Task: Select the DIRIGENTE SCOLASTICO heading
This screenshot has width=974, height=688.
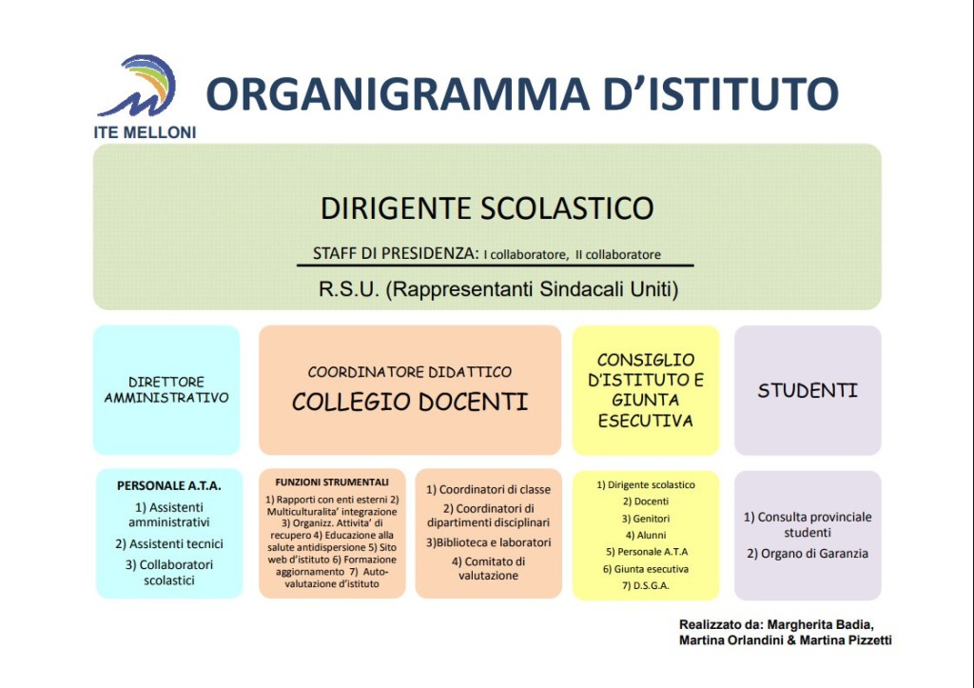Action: click(487, 208)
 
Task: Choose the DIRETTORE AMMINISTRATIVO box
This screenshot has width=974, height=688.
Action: click(166, 390)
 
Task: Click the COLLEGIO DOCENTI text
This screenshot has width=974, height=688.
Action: click(409, 403)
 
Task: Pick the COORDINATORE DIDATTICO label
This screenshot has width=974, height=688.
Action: click(409, 372)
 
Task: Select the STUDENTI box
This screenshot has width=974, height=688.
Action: click(808, 390)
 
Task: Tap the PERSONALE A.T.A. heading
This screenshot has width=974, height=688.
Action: click(169, 485)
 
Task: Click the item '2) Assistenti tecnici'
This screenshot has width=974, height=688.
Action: click(169, 544)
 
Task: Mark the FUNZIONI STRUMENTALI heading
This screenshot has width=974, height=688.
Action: click(332, 482)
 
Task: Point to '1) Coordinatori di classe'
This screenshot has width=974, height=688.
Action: click(488, 489)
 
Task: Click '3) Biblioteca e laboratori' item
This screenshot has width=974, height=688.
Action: click(488, 542)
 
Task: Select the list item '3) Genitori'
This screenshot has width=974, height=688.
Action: click(646, 519)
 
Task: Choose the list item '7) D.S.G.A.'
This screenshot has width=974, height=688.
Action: click(646, 585)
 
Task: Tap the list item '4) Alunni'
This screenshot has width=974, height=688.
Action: click(646, 535)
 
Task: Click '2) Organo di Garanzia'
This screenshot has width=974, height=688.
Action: click(808, 553)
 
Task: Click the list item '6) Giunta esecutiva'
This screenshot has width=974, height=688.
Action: click(646, 569)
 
